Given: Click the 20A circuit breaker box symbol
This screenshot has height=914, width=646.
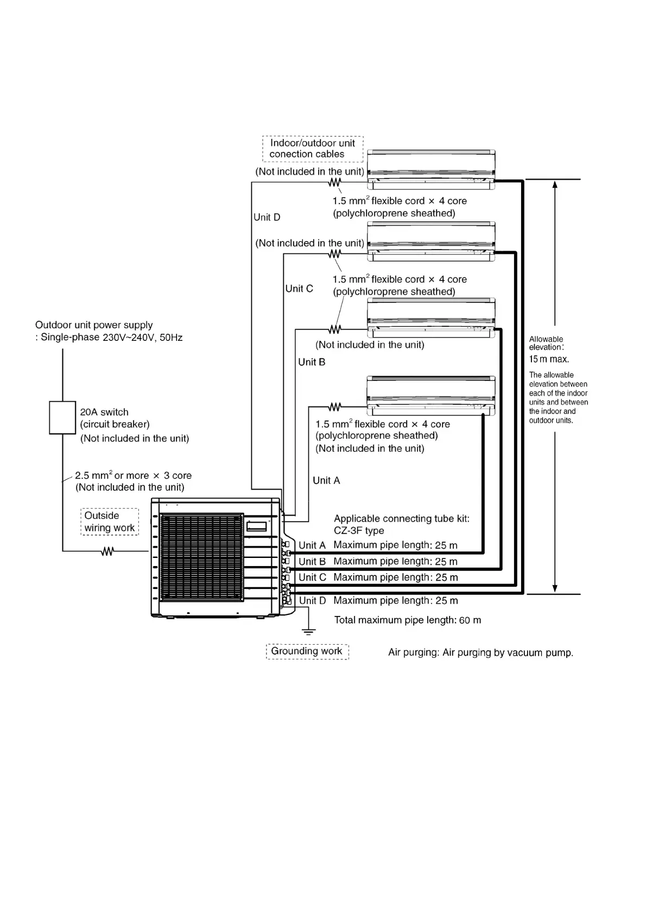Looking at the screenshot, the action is click(62, 417).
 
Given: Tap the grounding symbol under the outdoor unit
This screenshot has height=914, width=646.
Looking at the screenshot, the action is click(308, 632).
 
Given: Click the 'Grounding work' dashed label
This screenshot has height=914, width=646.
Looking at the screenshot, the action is click(307, 651).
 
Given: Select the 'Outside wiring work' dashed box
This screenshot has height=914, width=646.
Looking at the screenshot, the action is click(109, 522).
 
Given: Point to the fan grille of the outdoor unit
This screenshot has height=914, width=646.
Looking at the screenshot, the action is click(202, 557).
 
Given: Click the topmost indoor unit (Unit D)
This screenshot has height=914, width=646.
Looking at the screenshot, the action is click(431, 169).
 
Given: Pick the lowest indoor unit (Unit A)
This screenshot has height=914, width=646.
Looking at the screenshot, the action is click(431, 396).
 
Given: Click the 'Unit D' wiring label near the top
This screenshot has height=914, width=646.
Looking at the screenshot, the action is click(267, 217).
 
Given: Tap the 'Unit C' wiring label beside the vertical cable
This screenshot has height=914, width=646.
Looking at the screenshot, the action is click(299, 289).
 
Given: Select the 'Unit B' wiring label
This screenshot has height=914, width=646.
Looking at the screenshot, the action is click(312, 363).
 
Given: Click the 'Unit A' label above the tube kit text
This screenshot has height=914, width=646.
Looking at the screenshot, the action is click(326, 481).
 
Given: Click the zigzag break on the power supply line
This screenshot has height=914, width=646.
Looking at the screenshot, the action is click(107, 551).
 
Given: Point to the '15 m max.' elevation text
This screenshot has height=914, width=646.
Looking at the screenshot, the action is click(549, 359).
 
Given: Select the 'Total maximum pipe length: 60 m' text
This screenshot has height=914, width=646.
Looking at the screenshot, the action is click(408, 620).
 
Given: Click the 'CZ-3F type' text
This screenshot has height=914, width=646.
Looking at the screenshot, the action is click(359, 531).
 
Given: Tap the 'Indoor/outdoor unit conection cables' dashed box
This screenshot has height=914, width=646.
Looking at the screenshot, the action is click(313, 149).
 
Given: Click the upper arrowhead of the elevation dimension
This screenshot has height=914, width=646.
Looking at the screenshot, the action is click(555, 185).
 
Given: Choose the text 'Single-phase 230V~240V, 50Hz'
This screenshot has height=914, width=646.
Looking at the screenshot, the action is click(111, 338).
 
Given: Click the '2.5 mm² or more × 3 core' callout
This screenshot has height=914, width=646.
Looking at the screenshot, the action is click(133, 475).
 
